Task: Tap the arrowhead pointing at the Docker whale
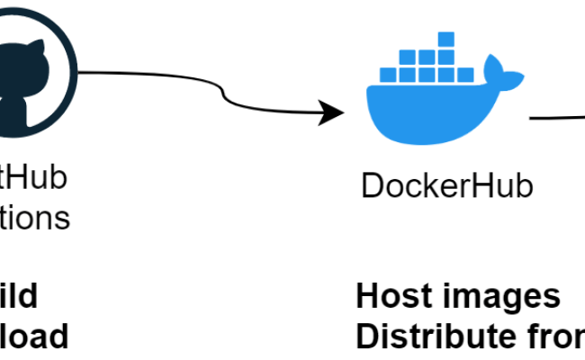pyautogui.click(x=335, y=113)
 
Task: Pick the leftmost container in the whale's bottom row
pyautogui.click(x=387, y=76)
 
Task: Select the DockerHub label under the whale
pyautogui.click(x=447, y=186)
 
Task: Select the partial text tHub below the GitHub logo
pyautogui.click(x=32, y=177)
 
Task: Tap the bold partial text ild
pyautogui.click(x=18, y=296)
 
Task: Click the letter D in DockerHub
pyautogui.click(x=371, y=186)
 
